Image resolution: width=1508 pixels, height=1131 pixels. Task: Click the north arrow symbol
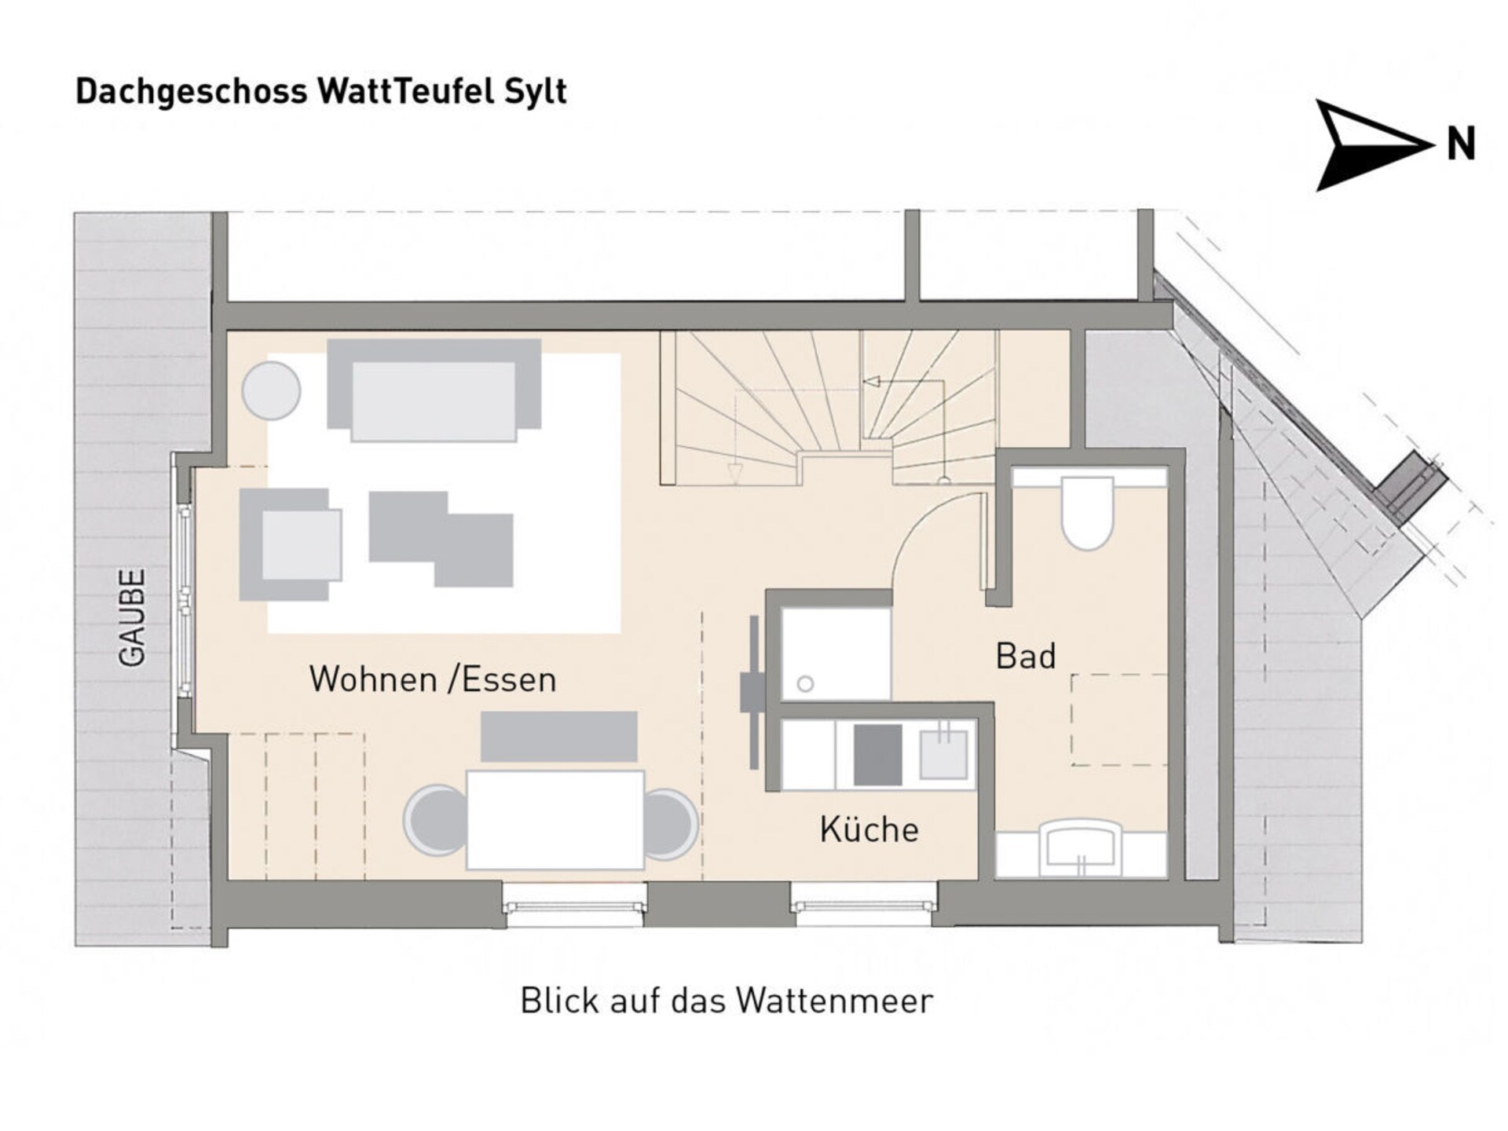click(1371, 145)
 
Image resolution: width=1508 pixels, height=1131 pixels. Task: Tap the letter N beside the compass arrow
click(1461, 145)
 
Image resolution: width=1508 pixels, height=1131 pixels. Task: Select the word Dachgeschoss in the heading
click(192, 92)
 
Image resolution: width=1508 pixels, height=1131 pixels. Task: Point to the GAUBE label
click(132, 618)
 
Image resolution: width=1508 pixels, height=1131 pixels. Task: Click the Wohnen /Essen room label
click(433, 679)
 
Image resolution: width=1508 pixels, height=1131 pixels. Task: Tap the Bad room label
click(1025, 656)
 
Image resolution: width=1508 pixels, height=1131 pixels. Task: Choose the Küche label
click(869, 829)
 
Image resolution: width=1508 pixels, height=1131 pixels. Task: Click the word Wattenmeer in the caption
click(835, 1001)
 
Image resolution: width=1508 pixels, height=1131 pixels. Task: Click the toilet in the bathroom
click(1088, 511)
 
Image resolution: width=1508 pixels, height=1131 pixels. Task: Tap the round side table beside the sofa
click(271, 390)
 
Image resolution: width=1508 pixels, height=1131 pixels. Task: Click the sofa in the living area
click(434, 390)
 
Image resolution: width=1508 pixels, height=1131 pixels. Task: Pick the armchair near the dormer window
click(291, 544)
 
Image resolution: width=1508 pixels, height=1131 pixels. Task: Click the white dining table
click(555, 820)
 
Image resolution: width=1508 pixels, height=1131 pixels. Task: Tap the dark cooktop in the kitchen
click(877, 755)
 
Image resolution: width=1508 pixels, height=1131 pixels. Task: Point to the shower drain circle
click(805, 684)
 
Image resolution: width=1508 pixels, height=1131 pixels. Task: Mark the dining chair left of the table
click(434, 821)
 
